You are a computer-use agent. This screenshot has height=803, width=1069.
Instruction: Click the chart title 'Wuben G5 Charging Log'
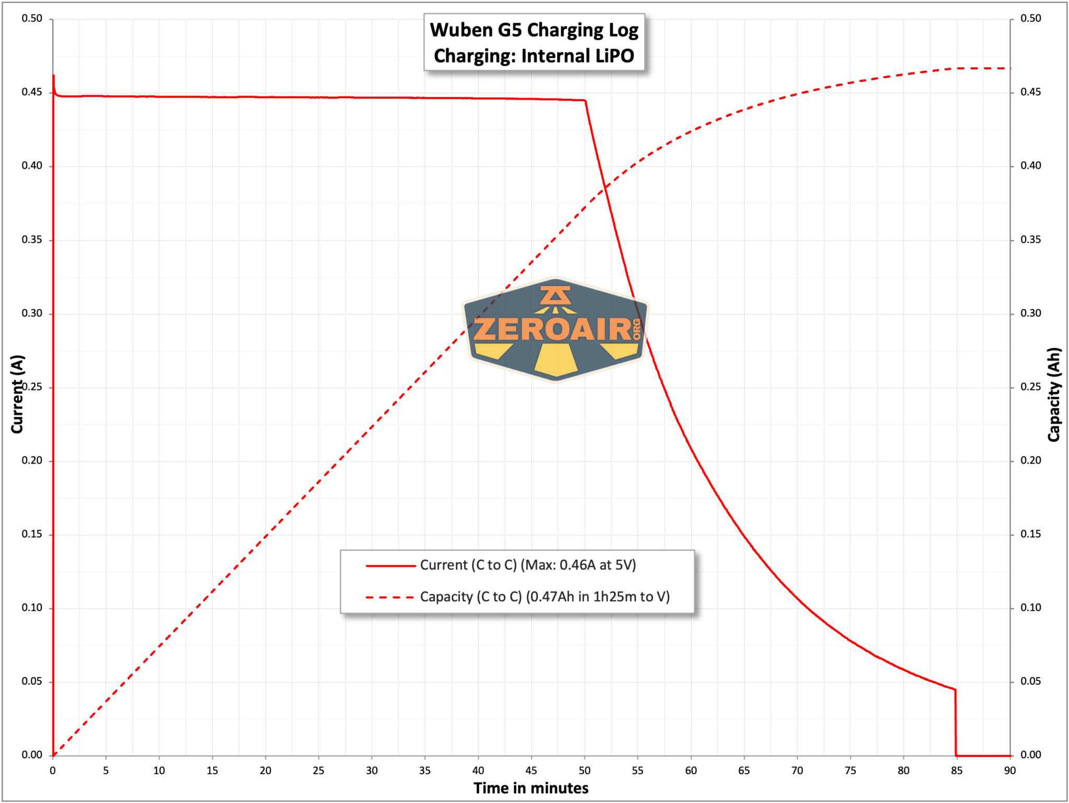[534, 30]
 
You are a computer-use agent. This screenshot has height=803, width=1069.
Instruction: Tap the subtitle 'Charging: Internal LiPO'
[534, 56]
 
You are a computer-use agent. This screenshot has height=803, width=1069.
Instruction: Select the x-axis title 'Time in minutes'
[531, 788]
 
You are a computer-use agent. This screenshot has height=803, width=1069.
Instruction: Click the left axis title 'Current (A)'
[17, 394]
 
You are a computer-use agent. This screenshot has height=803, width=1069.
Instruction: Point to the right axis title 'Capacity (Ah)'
[1054, 395]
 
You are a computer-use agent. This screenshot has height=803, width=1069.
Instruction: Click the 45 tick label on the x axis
[531, 770]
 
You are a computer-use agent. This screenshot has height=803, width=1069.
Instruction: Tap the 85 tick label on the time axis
[956, 770]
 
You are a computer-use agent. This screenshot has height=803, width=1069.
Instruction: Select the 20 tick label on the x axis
[265, 770]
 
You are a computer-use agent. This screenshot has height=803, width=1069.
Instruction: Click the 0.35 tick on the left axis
[32, 240]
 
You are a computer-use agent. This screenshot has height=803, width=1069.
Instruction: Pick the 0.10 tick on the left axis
[32, 608]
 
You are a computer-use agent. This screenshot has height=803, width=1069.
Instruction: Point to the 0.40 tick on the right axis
[1030, 166]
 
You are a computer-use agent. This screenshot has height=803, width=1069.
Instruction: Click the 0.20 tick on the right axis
[1030, 460]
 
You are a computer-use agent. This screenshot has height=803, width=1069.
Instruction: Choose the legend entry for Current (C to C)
[501, 565]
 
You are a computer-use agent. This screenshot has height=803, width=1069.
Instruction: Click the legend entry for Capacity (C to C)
[518, 597]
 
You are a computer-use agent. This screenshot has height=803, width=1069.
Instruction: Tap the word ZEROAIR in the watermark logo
[553, 329]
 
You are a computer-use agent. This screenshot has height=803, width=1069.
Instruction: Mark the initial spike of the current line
[53, 76]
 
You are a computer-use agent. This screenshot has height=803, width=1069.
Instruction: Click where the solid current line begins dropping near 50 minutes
[585, 101]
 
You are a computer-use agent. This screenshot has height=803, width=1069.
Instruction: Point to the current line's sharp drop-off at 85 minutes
[956, 723]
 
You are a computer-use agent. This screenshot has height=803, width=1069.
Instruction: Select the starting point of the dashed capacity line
[53, 755]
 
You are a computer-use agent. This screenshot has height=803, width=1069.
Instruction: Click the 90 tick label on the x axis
[1009, 770]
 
